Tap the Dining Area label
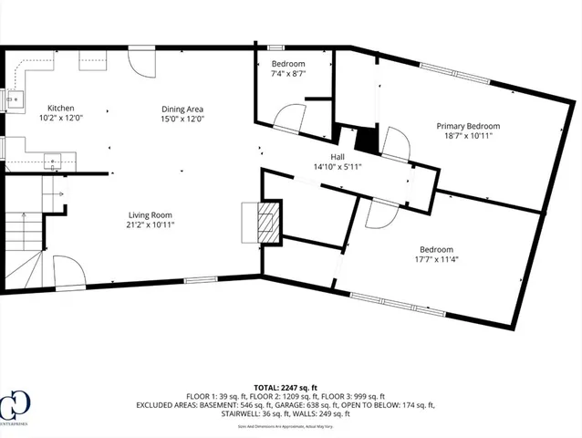[x=183, y=108]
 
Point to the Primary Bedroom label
[x=468, y=127]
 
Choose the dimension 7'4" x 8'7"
[x=287, y=75]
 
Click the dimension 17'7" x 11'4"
[x=435, y=260]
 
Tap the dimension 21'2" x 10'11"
[x=150, y=224]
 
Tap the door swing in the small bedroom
[x=291, y=120]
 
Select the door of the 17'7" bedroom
[x=379, y=214]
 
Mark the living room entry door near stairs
[x=68, y=270]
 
